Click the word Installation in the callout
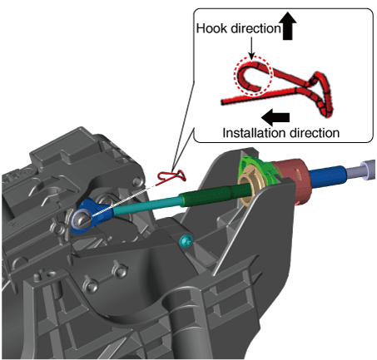[x=248, y=133]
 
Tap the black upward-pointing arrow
[x=288, y=26]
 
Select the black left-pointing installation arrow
[x=275, y=117]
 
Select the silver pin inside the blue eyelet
[x=81, y=219]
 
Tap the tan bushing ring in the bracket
[x=249, y=186]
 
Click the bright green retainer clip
[x=257, y=169]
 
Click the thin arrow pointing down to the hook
[x=251, y=47]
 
